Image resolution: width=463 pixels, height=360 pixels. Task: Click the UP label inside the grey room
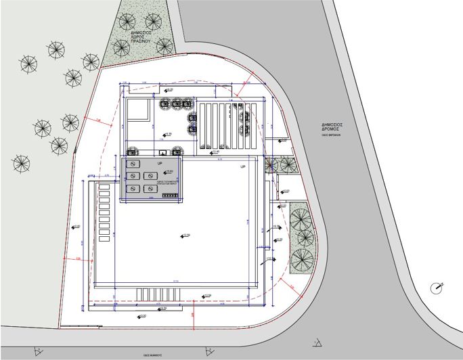160,164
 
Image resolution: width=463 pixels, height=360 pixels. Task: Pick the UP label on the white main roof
242,166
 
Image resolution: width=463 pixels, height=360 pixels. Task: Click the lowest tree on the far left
22,163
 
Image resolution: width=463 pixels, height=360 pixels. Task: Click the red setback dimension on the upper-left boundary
97,120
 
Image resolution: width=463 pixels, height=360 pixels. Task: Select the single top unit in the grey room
133,164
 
